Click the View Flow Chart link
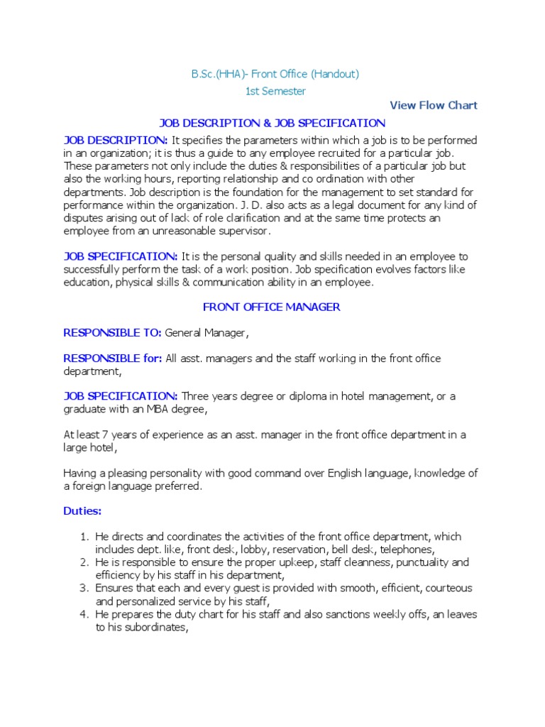(434, 105)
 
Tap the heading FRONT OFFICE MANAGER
(272, 307)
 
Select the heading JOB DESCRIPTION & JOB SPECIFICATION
(272, 123)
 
